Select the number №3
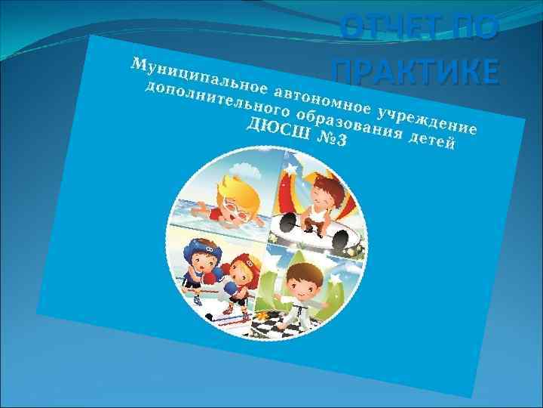click(x=329, y=141)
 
